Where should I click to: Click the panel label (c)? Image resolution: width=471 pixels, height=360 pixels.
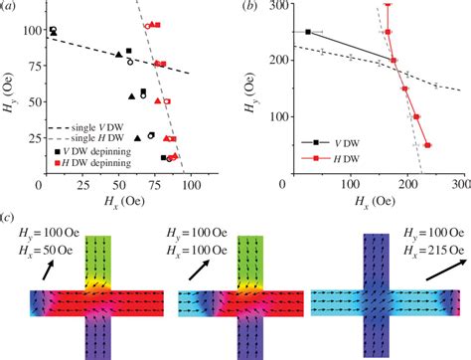tap(12, 216)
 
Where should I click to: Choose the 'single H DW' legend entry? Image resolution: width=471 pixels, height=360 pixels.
tap(95, 140)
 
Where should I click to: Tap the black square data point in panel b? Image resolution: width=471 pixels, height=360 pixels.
tap(308, 32)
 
